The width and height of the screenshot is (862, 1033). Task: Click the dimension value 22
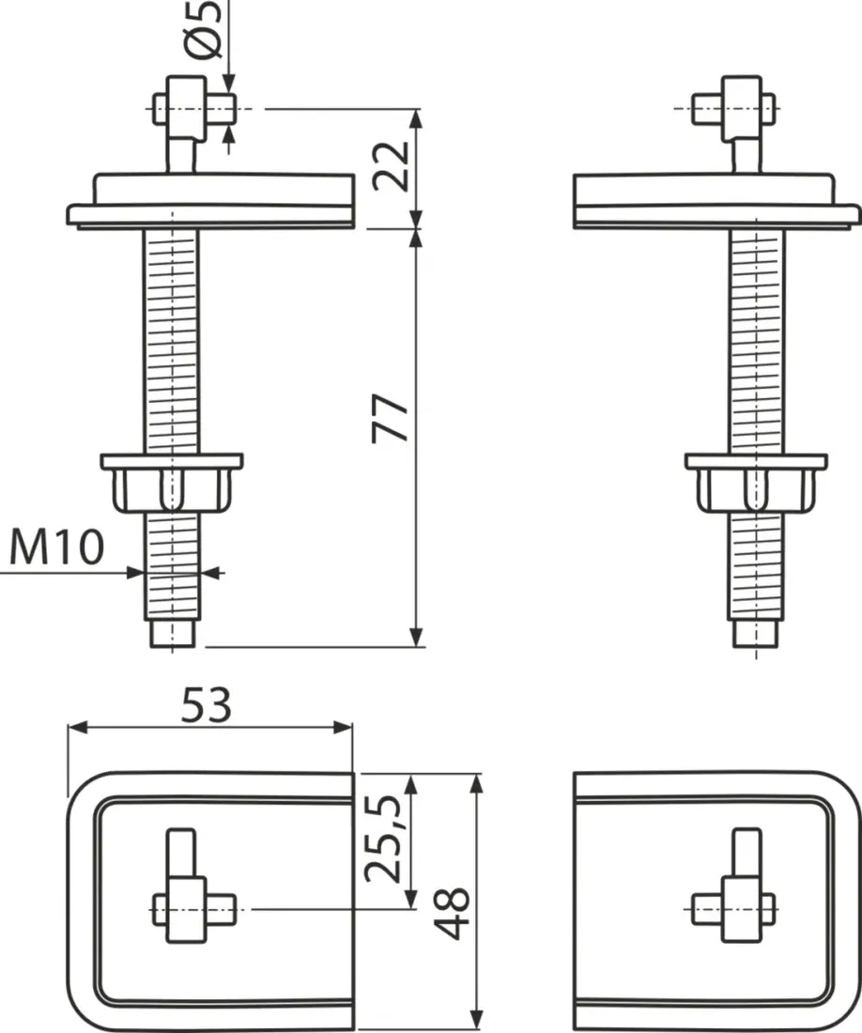(392, 166)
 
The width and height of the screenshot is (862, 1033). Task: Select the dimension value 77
(392, 418)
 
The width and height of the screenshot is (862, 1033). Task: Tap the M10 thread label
(57, 547)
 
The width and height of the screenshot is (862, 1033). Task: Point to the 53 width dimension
(207, 705)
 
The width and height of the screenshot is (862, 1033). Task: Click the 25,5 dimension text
(382, 838)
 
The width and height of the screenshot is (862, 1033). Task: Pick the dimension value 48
(452, 913)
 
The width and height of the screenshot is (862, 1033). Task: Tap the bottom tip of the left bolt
(173, 646)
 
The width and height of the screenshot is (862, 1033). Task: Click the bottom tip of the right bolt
(756, 646)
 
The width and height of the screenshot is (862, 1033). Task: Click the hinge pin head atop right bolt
(733, 108)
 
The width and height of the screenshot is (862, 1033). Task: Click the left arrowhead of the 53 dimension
(77, 727)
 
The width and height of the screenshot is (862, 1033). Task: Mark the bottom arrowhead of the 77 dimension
(416, 638)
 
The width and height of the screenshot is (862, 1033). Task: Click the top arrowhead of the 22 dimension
(416, 118)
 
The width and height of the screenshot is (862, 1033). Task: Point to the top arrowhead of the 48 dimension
(477, 783)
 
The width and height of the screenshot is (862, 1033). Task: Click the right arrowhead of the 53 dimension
(343, 727)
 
